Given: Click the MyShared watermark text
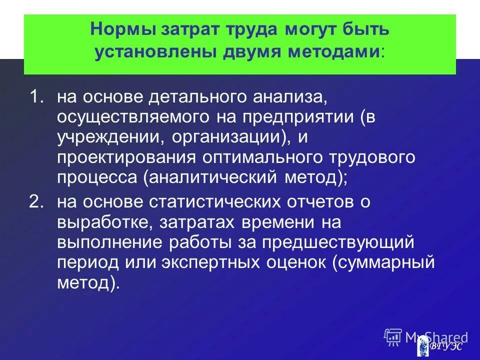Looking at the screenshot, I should [x=436, y=336].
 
